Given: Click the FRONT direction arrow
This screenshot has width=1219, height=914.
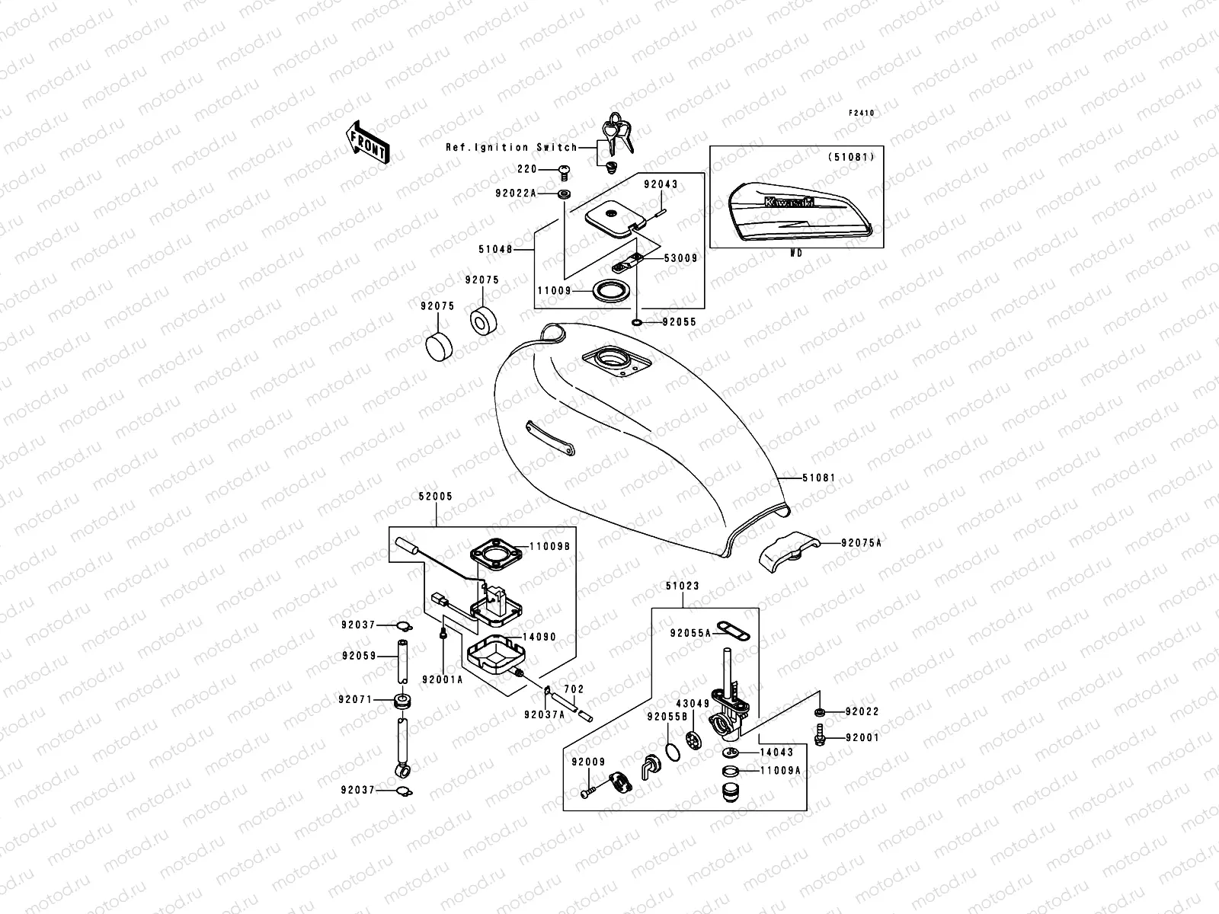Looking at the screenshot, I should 369,141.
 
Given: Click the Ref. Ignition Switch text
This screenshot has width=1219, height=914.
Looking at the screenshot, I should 511,148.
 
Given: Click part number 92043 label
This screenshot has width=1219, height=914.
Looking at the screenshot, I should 660,184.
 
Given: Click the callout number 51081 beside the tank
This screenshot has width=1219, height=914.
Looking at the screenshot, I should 818,478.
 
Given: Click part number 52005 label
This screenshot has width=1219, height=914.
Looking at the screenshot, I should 435,497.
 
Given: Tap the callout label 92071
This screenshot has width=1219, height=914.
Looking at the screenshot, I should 358,698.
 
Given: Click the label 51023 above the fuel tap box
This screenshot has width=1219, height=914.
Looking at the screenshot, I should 682,586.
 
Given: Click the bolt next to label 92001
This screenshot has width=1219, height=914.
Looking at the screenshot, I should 820,736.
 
